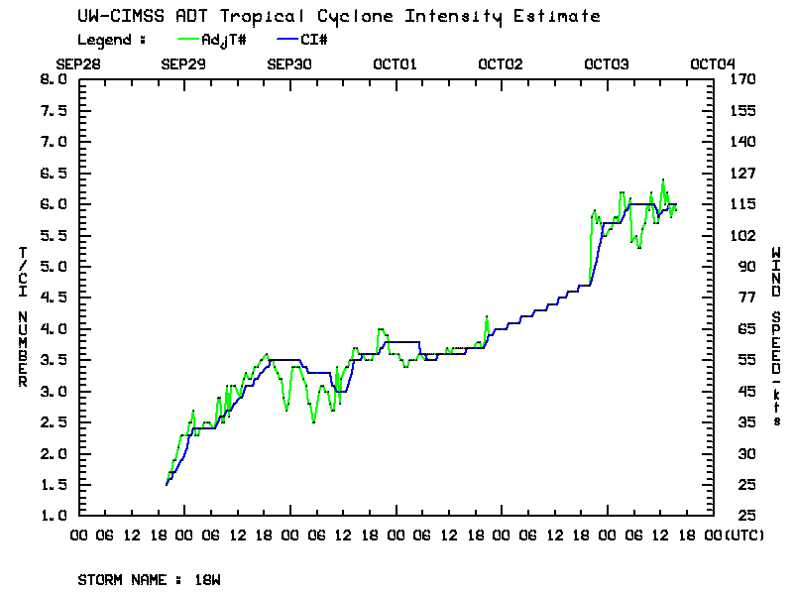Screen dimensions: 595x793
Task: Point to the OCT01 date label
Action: coord(395,64)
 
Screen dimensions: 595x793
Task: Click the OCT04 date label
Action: coord(711,64)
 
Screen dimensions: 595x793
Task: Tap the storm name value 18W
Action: coord(208,578)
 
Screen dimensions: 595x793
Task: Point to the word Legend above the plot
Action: coord(107,40)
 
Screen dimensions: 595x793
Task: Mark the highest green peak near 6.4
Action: coord(662,179)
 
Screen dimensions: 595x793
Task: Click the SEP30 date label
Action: coord(289,64)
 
